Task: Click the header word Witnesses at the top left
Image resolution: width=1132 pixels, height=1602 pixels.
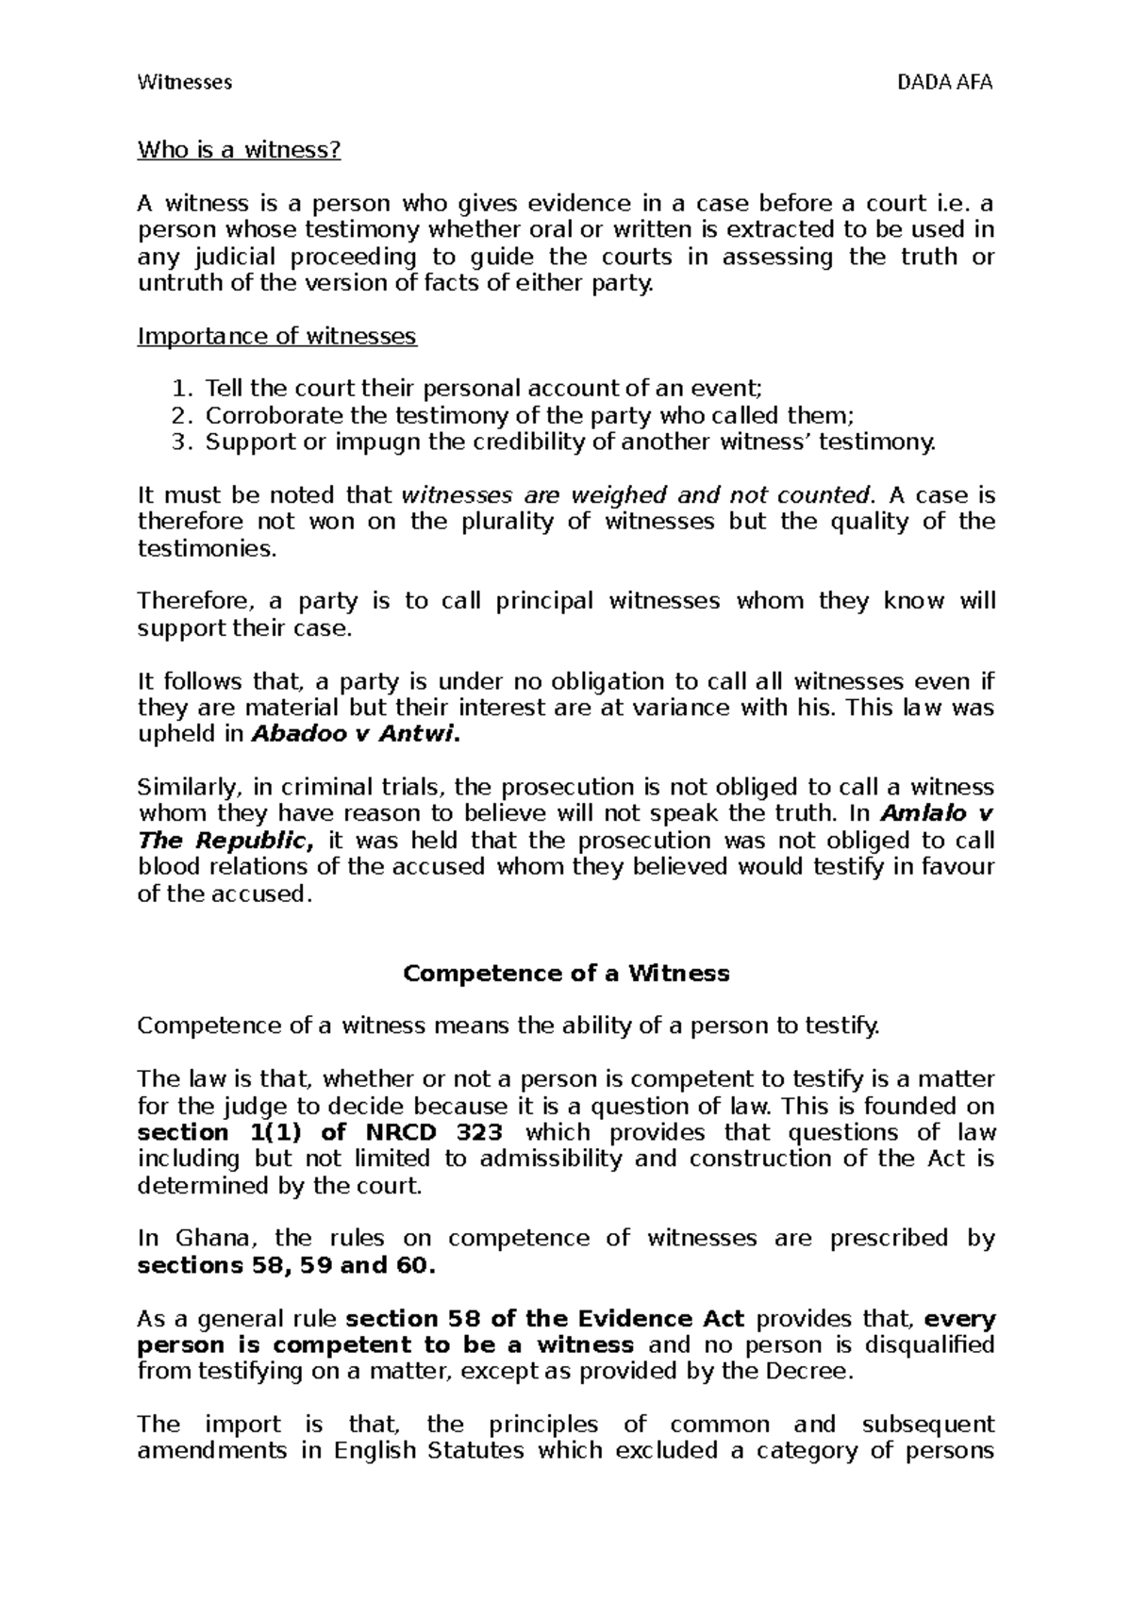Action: click(185, 82)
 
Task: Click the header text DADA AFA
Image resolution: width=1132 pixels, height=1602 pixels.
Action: click(946, 82)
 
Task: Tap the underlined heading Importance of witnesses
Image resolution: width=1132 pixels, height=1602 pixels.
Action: click(277, 336)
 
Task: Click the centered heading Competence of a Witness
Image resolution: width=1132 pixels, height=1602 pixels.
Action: click(566, 974)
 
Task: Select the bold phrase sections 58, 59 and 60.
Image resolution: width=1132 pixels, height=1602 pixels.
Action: click(287, 1265)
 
